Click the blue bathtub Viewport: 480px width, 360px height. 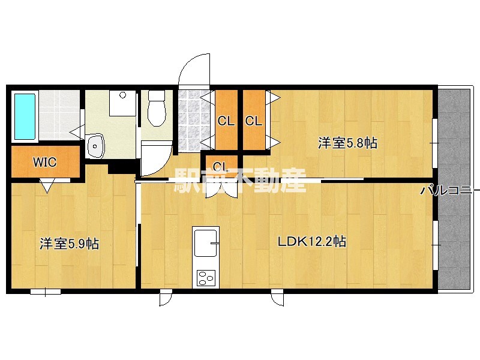click(25, 116)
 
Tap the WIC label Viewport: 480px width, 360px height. click(44, 162)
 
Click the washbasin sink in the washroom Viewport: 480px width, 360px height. click(95, 146)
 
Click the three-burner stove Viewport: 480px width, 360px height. click(205, 278)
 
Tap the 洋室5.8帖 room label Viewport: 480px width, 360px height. click(347, 143)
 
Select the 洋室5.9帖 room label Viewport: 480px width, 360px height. click(69, 244)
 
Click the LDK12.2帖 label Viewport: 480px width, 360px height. click(312, 242)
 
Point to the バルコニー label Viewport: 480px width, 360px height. click(449, 191)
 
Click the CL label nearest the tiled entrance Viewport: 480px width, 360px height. click(226, 121)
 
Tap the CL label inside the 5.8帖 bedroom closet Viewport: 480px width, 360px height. click(254, 121)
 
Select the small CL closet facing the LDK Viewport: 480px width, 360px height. click(221, 167)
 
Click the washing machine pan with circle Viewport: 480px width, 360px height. click(123, 103)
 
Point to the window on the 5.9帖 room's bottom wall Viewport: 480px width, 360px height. click(46, 292)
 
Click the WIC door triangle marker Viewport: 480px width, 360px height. click(47, 185)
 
